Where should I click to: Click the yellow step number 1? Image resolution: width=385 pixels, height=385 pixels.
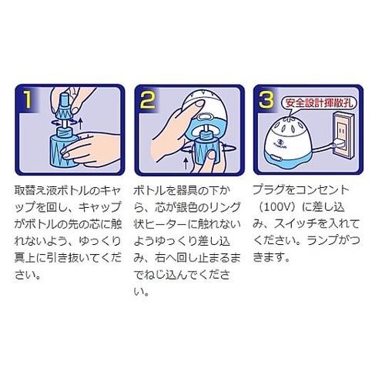pos(27,99)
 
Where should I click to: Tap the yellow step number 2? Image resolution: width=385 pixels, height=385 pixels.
pos(148,99)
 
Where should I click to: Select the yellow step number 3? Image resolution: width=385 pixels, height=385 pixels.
pos(266,99)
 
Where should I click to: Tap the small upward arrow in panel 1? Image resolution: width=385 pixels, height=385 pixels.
pos(80,123)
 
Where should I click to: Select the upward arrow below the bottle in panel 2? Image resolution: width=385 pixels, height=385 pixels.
pos(186,163)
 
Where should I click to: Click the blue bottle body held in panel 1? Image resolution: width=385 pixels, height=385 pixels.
pos(63,151)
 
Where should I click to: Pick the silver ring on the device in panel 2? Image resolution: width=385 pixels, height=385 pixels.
pos(204,117)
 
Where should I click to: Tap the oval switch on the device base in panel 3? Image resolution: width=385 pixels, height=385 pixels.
pos(276,157)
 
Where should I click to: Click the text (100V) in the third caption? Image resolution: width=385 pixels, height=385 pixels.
pos(279,207)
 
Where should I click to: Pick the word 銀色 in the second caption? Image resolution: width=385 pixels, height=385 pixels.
pos(187,207)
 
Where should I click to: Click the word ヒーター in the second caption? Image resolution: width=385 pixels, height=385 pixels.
pos(166,225)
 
